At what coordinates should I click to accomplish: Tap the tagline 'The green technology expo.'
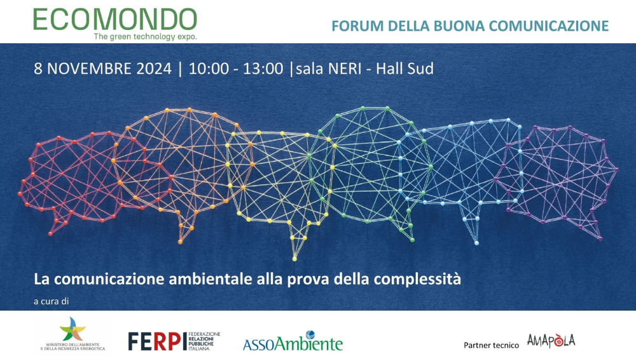tap(145, 37)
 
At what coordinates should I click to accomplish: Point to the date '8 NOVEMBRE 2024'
tap(102, 69)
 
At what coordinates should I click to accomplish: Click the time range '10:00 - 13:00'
tap(235, 69)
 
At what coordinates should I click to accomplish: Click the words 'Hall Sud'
tap(404, 69)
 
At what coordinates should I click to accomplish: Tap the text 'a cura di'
tap(51, 300)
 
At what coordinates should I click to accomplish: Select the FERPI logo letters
tap(149, 341)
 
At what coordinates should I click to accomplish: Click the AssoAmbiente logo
tap(293, 342)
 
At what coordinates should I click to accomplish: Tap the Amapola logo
tap(551, 341)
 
